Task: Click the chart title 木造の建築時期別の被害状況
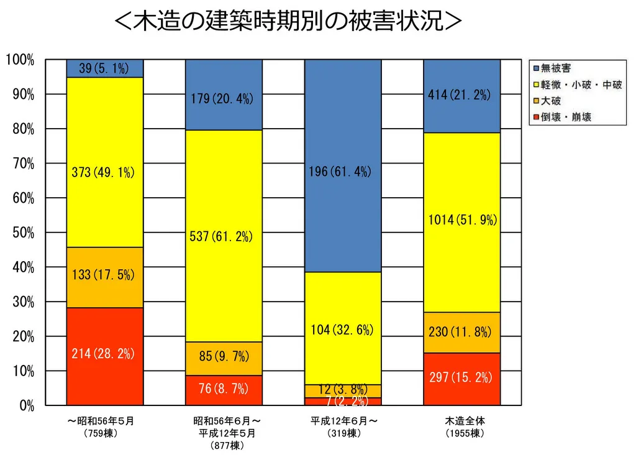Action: pos(289,22)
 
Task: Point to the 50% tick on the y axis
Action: pos(20,233)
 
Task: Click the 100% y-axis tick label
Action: pos(20,60)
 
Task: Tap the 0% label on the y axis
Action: pos(25,405)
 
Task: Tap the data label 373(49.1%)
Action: pos(103,173)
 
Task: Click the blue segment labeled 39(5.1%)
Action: pos(104,68)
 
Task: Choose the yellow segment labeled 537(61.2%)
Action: pos(224,236)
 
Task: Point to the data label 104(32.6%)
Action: pos(342,330)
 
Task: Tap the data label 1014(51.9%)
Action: pos(462,219)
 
